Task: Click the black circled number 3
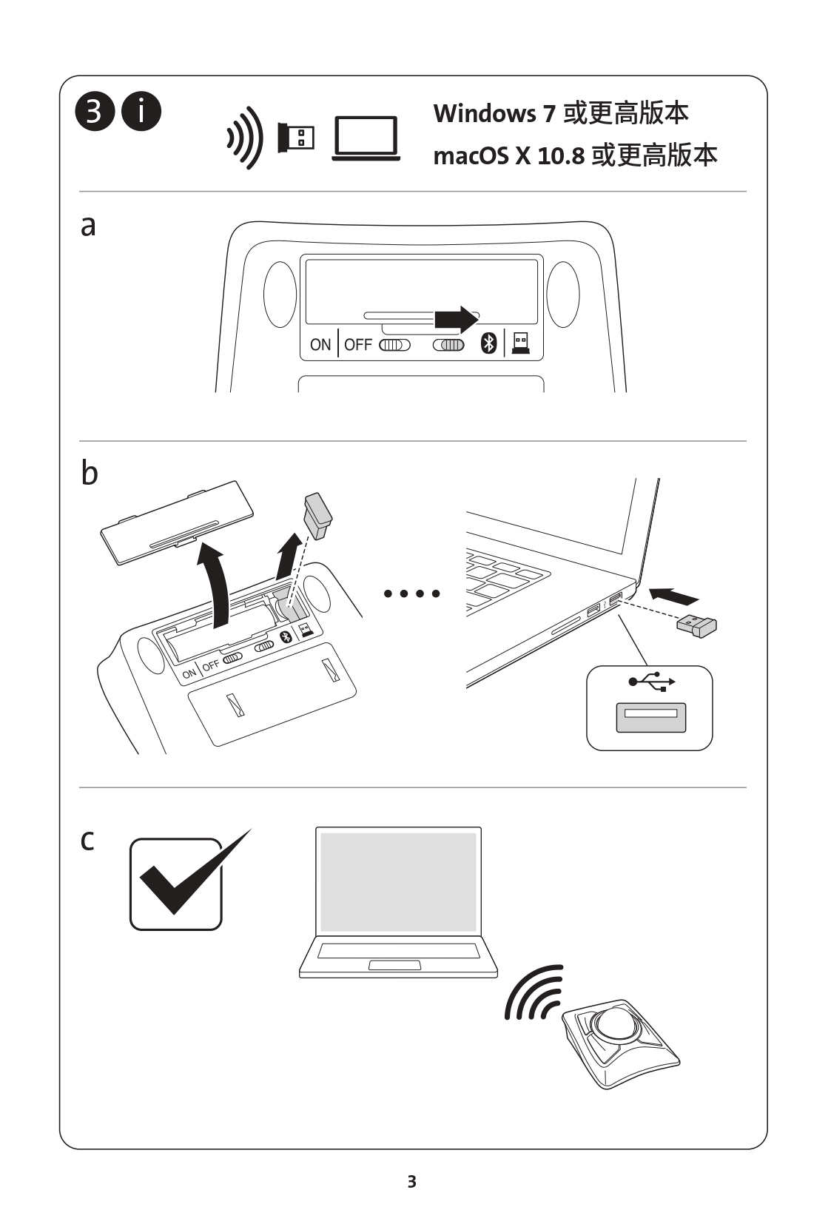(x=94, y=112)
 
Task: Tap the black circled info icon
(x=141, y=112)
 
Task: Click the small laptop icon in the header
(x=366, y=138)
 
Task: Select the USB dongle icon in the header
(x=296, y=138)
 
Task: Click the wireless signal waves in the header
(x=245, y=138)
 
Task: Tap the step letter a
(x=88, y=226)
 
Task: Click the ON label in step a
(x=320, y=345)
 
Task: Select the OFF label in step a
(x=358, y=345)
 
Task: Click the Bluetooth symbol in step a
(x=488, y=343)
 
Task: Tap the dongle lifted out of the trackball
(x=317, y=515)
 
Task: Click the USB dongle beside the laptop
(x=697, y=626)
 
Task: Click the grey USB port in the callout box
(x=650, y=716)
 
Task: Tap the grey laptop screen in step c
(x=398, y=882)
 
